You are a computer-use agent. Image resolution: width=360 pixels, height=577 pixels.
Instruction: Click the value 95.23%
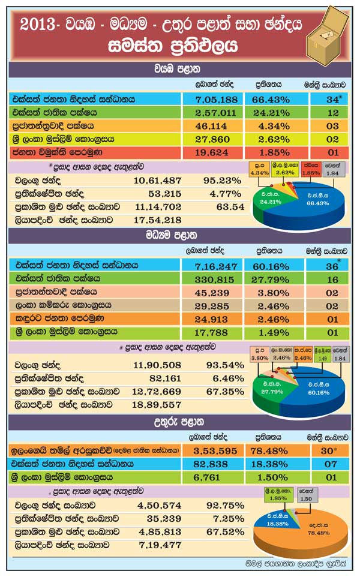(217, 181)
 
